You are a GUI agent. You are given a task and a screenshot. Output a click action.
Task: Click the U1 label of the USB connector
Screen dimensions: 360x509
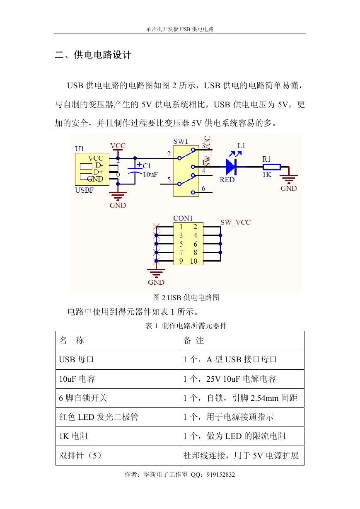click(80, 149)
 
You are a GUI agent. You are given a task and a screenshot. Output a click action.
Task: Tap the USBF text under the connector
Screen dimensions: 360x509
click(84, 190)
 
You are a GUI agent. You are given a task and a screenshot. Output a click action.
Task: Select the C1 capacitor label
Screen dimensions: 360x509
click(147, 166)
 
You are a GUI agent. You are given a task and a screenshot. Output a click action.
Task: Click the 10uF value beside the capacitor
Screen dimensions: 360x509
click(150, 175)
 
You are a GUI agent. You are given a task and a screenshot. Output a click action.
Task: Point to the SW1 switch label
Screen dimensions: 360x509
click(181, 141)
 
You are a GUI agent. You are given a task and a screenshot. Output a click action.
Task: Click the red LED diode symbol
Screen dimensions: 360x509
click(232, 167)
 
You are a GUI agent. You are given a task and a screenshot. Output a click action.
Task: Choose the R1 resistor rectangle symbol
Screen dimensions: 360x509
click(272, 167)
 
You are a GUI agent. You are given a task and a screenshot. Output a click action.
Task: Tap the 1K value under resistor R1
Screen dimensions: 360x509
click(267, 175)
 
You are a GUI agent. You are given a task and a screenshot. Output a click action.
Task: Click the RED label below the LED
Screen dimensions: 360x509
click(227, 179)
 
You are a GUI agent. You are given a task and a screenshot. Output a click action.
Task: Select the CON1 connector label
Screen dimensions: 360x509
click(183, 218)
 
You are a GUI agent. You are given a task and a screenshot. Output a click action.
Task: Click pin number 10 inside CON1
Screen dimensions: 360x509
click(193, 261)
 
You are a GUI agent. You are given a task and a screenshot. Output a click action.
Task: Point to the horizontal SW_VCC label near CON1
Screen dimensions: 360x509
click(236, 222)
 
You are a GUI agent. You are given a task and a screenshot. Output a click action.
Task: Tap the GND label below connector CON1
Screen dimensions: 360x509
click(156, 282)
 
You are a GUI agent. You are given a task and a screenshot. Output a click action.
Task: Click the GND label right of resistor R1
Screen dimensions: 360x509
click(288, 188)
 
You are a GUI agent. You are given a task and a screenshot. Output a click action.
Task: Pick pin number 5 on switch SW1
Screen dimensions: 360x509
click(169, 179)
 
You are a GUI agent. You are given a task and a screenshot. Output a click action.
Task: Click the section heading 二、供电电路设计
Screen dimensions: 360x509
click(93, 55)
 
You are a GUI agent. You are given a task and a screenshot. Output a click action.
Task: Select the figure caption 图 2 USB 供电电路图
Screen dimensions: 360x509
click(186, 298)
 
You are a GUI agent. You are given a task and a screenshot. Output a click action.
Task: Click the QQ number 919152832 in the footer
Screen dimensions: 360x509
click(220, 475)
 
